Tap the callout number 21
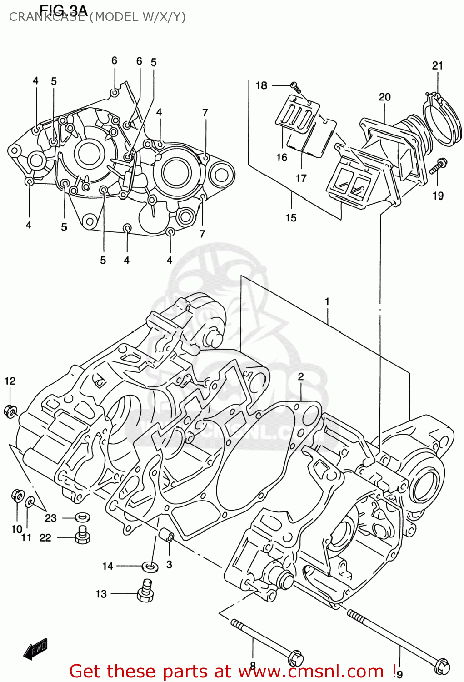(x=437, y=65)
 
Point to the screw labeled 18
(x=294, y=85)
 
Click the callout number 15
(x=291, y=218)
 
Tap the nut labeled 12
(x=10, y=411)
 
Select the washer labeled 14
(x=150, y=567)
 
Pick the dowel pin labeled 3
(x=166, y=536)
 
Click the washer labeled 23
(x=82, y=517)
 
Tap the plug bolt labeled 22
(x=82, y=535)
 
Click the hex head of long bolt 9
(x=442, y=666)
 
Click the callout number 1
(x=327, y=301)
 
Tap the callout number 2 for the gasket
(x=301, y=376)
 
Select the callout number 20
(x=384, y=97)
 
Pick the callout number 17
(x=301, y=178)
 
